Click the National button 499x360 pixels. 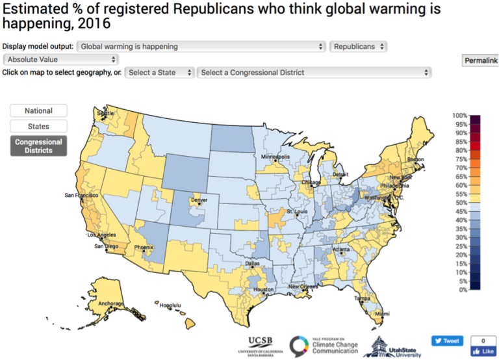[39, 110]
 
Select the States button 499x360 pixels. [39, 126]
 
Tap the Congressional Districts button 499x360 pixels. [39, 146]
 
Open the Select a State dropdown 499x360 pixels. [159, 72]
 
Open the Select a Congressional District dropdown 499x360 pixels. [314, 72]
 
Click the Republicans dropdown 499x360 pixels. [359, 47]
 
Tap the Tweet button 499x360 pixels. [446, 341]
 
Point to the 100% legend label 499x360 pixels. [460, 116]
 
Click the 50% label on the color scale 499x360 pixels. [461, 203]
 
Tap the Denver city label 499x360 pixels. [199, 200]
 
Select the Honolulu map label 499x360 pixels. [170, 305]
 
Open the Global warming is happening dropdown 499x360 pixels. [201, 47]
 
